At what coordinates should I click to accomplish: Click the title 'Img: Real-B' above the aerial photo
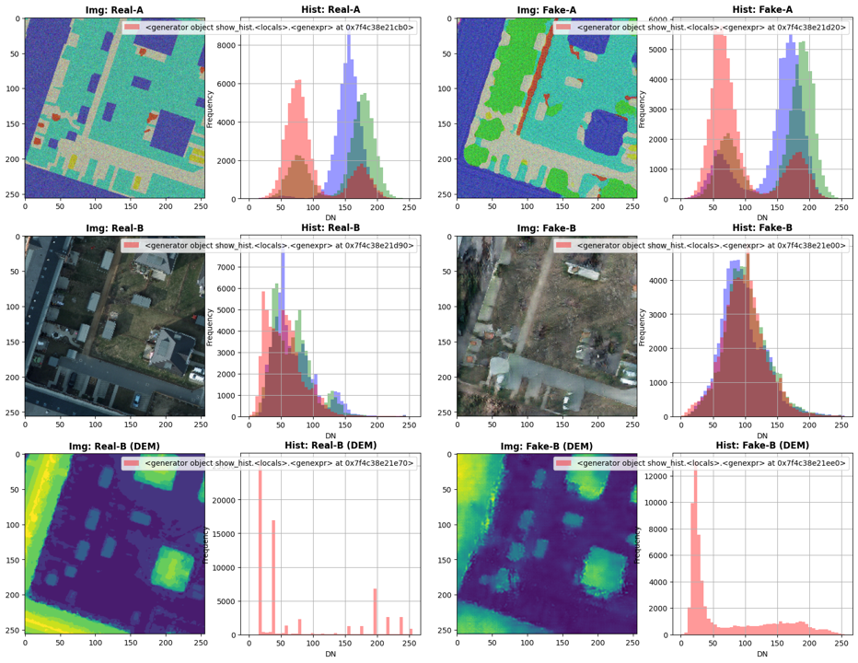115,227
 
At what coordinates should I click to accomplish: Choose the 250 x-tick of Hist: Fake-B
840,427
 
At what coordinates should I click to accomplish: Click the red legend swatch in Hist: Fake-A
564,28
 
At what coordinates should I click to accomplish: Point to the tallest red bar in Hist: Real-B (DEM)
260,552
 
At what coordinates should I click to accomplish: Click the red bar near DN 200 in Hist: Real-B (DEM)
375,611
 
